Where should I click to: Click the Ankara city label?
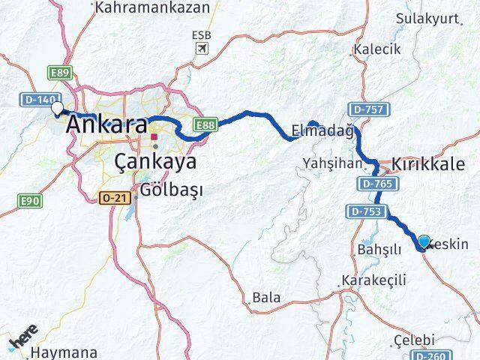[x=106, y=124]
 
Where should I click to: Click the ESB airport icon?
[x=201, y=48]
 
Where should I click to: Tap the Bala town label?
[x=266, y=297]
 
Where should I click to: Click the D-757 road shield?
[x=368, y=110]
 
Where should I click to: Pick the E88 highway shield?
[x=205, y=124]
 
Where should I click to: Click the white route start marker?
[x=57, y=109]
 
